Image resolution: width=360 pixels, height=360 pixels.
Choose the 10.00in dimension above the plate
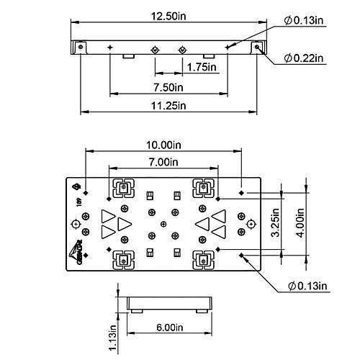[163, 145]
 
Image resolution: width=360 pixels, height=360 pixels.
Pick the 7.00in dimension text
[163, 162]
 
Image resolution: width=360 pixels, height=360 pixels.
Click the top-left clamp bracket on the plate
[123, 189]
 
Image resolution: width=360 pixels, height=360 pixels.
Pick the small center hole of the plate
[163, 223]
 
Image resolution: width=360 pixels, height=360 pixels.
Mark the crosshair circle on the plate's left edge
[76, 224]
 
